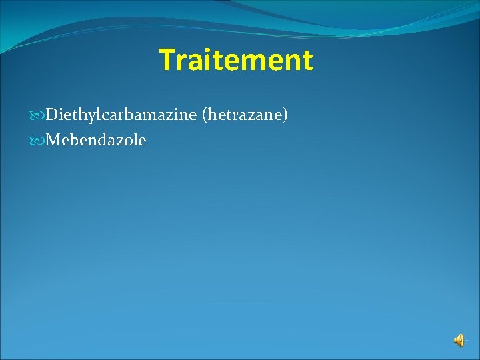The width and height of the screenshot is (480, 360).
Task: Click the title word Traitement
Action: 235,60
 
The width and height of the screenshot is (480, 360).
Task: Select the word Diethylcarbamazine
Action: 121,115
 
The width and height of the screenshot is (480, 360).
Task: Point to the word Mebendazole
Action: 96,141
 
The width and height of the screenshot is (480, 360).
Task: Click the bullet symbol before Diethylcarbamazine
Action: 39,116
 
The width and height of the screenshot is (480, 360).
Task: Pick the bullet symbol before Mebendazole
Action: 39,141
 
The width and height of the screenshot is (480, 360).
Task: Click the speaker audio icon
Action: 459,341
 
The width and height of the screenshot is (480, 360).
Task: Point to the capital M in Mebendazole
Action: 53,141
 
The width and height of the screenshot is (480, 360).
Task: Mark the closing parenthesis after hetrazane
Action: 285,116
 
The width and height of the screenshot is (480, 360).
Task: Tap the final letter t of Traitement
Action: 307,61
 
